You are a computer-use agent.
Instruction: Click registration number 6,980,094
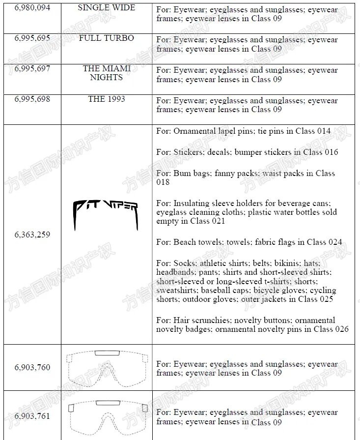[32, 8]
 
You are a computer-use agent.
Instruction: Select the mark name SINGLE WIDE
[106, 8]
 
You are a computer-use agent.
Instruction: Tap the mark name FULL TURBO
[106, 38]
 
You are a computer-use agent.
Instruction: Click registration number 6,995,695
[32, 38]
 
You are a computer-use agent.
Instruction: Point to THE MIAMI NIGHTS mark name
[106, 73]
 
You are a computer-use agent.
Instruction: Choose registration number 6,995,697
[32, 69]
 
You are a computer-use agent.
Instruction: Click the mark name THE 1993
[106, 99]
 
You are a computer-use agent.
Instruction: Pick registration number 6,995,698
[32, 99]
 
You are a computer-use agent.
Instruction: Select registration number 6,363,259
[32, 235]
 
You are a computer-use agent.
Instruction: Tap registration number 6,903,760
[32, 367]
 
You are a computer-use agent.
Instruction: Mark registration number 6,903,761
[32, 416]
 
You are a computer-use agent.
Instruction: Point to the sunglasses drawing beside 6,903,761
[107, 416]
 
